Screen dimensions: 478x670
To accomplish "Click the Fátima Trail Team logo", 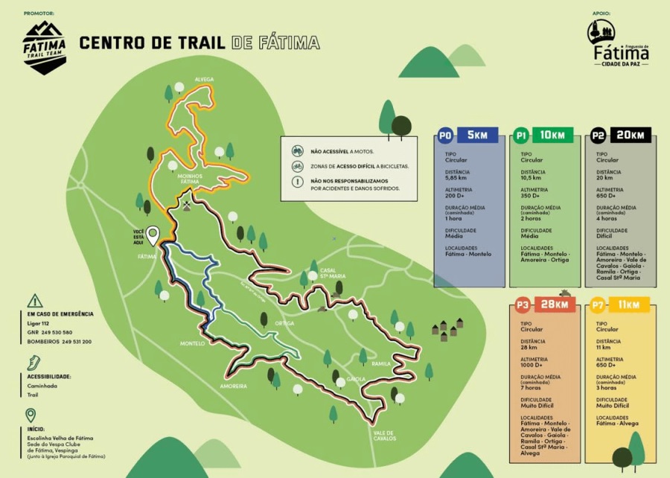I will coord(45,46).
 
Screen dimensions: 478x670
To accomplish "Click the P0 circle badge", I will coord(445,136).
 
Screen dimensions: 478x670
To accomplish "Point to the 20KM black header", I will coord(631,136).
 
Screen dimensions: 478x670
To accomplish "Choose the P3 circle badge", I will coord(522,305).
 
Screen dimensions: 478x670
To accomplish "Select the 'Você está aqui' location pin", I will coord(153,236).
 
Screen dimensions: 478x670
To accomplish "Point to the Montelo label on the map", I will coord(192,343).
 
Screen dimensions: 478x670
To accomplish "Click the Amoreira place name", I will coord(233,386).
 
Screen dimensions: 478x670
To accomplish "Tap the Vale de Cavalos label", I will coord(386,436).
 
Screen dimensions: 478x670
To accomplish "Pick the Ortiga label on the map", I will coord(284,323).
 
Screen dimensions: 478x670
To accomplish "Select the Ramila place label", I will coord(381,363).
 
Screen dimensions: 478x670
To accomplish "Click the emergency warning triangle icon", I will coord(34,301).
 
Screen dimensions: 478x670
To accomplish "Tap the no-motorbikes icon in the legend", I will coord(297,150).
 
